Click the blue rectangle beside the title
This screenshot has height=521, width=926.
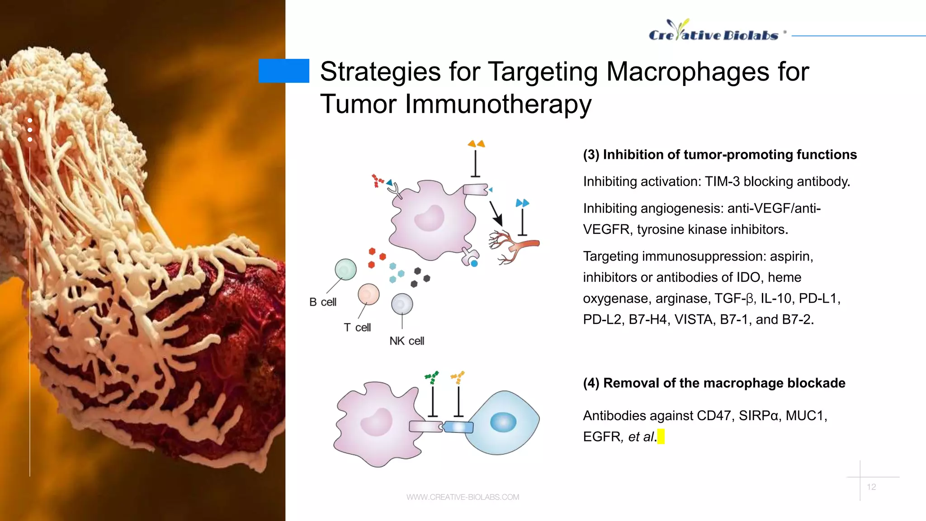point(283,71)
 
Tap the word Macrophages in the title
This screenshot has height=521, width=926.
point(688,72)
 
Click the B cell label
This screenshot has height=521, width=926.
point(323,302)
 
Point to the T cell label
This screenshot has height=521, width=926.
point(357,327)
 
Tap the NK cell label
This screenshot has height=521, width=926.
point(406,341)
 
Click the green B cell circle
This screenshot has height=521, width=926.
point(345,270)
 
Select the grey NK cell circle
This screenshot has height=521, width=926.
point(402,304)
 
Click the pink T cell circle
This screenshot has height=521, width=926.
point(369,294)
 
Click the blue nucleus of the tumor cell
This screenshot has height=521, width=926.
point(503,422)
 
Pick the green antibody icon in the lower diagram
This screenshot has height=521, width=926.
point(432,377)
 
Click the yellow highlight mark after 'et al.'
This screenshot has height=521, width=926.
point(661,437)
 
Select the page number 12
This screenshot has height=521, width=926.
point(871,487)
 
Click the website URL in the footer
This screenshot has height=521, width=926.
point(463,497)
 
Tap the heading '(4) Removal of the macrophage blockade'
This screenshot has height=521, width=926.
point(714,383)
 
